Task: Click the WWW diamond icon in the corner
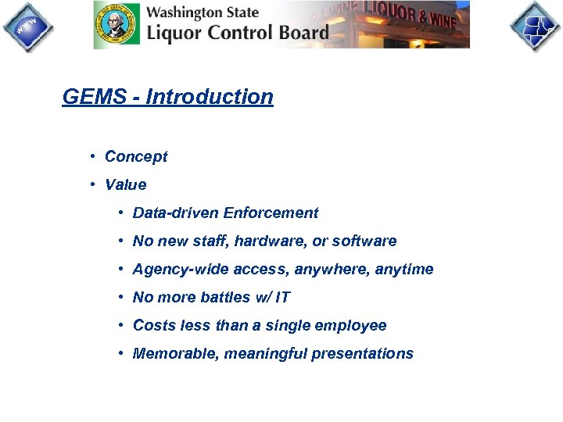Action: pyautogui.click(x=27, y=27)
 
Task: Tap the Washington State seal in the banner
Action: pyautogui.click(x=117, y=25)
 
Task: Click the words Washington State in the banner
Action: pyautogui.click(x=203, y=13)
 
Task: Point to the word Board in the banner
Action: pyautogui.click(x=301, y=33)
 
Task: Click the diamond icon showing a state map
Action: pyautogui.click(x=536, y=27)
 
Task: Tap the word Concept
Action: pyautogui.click(x=136, y=156)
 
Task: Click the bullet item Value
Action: pyautogui.click(x=125, y=184)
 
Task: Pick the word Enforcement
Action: pyautogui.click(x=271, y=213)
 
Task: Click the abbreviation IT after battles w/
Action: pyautogui.click(x=282, y=297)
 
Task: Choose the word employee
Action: pyautogui.click(x=350, y=325)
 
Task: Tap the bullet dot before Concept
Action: pyautogui.click(x=93, y=156)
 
